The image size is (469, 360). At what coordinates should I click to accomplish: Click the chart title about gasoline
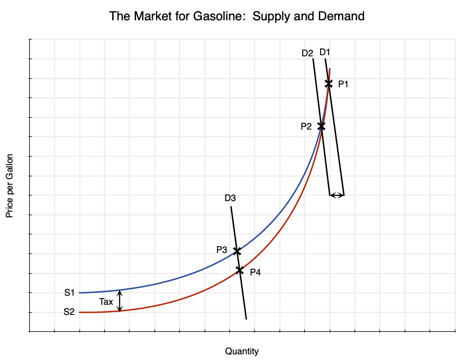pos(237,16)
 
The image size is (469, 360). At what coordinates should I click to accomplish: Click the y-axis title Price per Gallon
pos(10,186)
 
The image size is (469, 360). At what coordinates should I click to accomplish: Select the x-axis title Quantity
pos(242,351)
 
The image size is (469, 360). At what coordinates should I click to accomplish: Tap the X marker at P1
pos(329,83)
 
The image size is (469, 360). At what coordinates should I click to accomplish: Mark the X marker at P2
pos(321,126)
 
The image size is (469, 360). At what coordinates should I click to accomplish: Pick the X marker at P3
pos(237,250)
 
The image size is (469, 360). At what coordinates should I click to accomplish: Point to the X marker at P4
pos(240,270)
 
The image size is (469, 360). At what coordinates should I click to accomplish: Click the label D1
pos(325,52)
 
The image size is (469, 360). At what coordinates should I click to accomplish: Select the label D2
pos(307,54)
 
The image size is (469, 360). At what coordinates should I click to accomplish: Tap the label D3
pos(230,198)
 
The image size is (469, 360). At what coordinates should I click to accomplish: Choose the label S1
pos(69,292)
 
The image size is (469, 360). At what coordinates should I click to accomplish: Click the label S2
pos(69,312)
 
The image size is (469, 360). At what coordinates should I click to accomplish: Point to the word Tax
pos(106,301)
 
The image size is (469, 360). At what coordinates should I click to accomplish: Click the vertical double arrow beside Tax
pos(120,300)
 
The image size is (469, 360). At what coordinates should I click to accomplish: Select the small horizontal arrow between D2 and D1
pos(337,195)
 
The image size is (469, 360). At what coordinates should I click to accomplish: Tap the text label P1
pos(343,85)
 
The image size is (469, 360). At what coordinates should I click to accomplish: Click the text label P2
pos(306,127)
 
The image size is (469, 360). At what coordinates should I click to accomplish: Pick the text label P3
pos(222,250)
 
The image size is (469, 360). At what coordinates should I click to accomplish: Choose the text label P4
pos(255,272)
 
